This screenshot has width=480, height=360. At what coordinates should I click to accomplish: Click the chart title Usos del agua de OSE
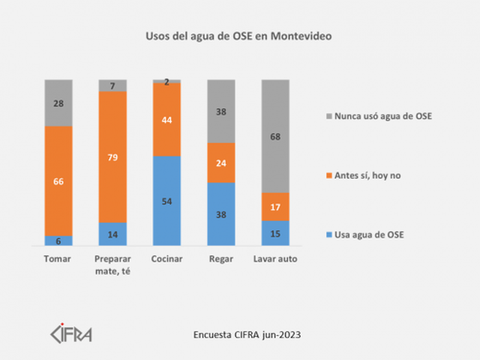coord(238,36)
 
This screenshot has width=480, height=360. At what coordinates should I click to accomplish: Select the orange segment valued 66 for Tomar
coord(58,181)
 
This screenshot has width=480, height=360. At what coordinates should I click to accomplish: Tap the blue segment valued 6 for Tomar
coord(58,241)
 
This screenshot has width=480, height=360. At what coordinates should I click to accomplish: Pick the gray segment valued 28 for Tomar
coord(58,103)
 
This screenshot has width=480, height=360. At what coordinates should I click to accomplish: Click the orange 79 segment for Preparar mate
coord(113,157)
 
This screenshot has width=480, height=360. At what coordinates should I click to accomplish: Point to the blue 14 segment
coord(113,234)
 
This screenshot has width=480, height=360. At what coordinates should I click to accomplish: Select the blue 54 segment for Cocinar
coord(167,201)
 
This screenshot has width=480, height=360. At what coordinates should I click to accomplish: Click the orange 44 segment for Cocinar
coord(167,120)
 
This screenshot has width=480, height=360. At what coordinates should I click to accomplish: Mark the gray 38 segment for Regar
coord(221,112)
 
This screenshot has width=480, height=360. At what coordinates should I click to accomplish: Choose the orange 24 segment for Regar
coord(221,163)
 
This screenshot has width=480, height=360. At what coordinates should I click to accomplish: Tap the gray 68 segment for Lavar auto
coord(275,136)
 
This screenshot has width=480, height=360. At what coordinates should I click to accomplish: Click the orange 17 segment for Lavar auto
coord(275,207)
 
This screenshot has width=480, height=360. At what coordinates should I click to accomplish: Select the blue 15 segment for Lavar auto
coord(275,234)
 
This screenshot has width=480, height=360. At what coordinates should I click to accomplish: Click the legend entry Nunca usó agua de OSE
coord(380,117)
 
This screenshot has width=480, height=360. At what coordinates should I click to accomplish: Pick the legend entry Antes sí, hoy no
coord(364,176)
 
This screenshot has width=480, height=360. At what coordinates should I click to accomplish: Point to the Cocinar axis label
coord(167,259)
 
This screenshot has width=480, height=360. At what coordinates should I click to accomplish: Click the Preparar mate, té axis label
coord(113,265)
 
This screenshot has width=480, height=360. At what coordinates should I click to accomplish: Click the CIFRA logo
coord(71,333)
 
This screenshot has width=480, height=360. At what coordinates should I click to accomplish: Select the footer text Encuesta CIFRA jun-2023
coord(247,335)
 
